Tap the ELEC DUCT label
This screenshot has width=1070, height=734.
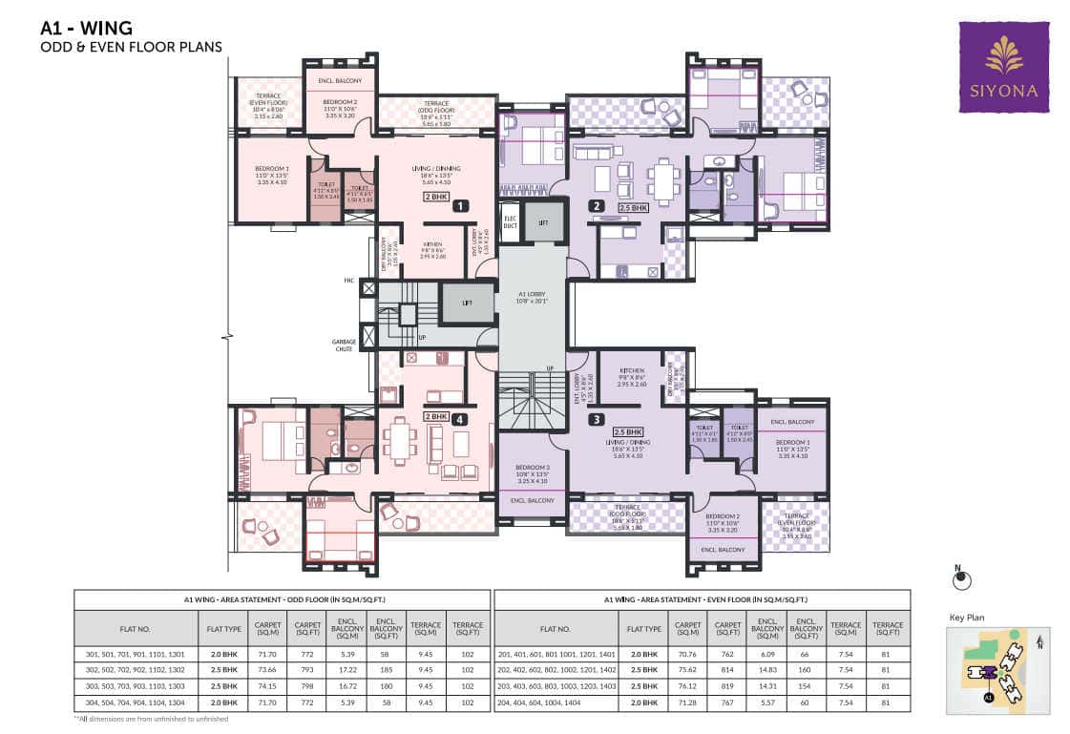click(x=510, y=219)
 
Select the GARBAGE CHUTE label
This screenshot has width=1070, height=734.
click(x=344, y=345)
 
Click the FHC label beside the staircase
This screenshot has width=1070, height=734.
click(x=349, y=281)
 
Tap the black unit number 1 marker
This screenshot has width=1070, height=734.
click(x=459, y=204)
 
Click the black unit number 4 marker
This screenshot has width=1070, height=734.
click(x=460, y=417)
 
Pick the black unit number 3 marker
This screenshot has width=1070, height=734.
click(x=597, y=418)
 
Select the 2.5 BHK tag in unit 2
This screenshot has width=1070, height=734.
click(x=632, y=206)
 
